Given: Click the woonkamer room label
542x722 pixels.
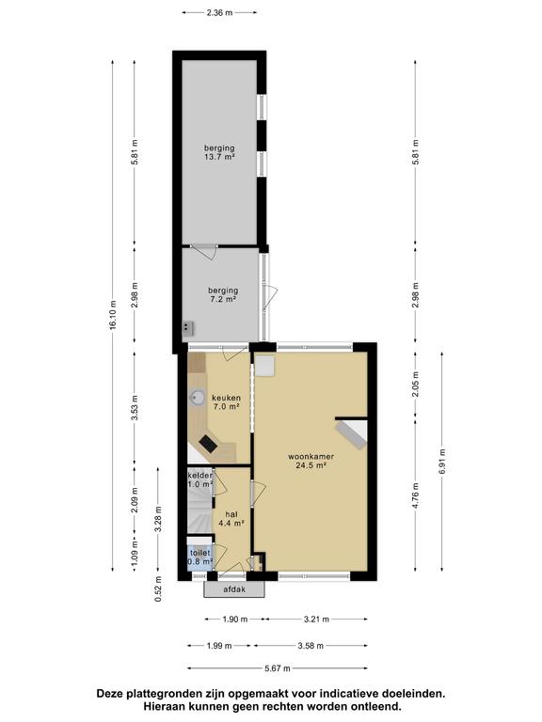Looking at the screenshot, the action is pyautogui.click(x=311, y=457).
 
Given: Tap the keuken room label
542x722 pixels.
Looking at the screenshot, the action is pyautogui.click(x=226, y=398).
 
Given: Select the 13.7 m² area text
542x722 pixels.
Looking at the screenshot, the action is pyautogui.click(x=219, y=157).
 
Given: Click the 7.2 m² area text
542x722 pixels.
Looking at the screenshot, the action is pyautogui.click(x=223, y=299).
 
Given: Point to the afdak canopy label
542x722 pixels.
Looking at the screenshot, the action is pyautogui.click(x=234, y=589).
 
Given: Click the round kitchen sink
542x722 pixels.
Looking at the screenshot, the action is pyautogui.click(x=199, y=398).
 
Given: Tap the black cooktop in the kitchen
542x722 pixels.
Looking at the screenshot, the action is pyautogui.click(x=208, y=445).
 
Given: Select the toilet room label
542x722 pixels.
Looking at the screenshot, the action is pyautogui.click(x=200, y=553).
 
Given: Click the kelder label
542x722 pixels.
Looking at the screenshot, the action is pyautogui.click(x=200, y=475).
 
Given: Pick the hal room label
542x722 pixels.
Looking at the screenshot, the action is pyautogui.click(x=231, y=514).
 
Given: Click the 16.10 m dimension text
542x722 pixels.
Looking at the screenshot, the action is pyautogui.click(x=113, y=315).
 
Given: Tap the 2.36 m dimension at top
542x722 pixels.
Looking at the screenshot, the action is pyautogui.click(x=219, y=13).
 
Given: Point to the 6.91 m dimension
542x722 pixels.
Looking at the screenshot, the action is pyautogui.click(x=442, y=461).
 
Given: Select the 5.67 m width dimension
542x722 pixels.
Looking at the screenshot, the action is pyautogui.click(x=277, y=668).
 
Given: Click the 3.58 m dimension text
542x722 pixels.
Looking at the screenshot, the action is pyautogui.click(x=311, y=646).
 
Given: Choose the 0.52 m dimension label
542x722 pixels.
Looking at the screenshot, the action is pyautogui.click(x=158, y=589).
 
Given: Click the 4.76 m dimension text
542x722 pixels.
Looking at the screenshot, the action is pyautogui.click(x=415, y=496).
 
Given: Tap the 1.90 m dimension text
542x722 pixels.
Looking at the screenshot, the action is pyautogui.click(x=235, y=620).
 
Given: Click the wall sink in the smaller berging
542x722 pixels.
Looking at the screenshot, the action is pyautogui.click(x=187, y=328).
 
